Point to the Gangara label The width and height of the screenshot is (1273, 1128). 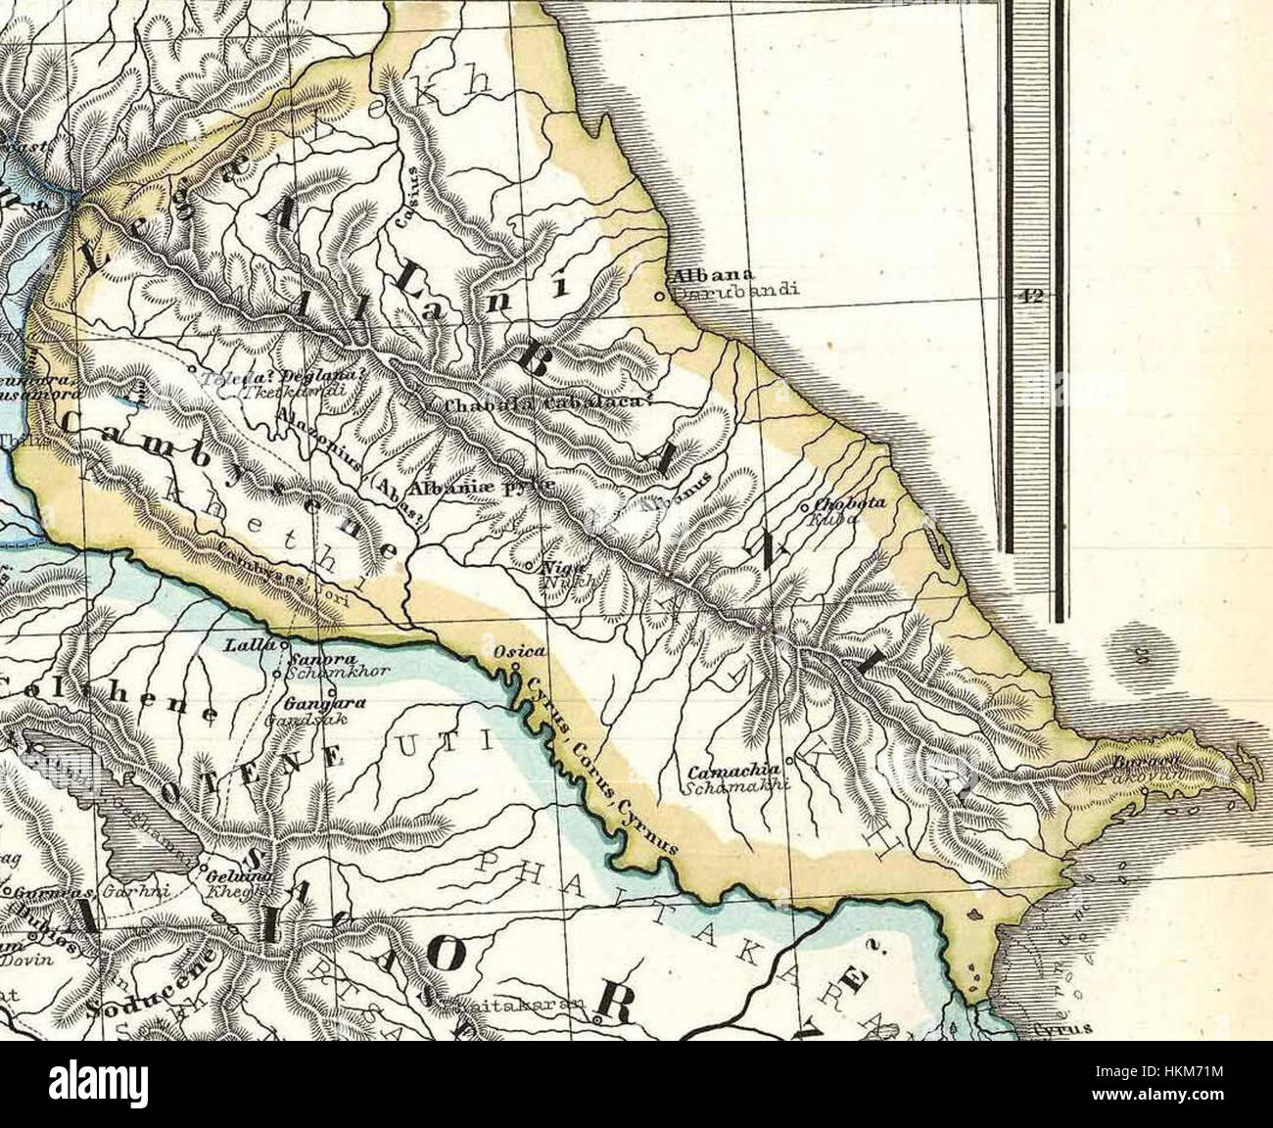[x=311, y=704]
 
